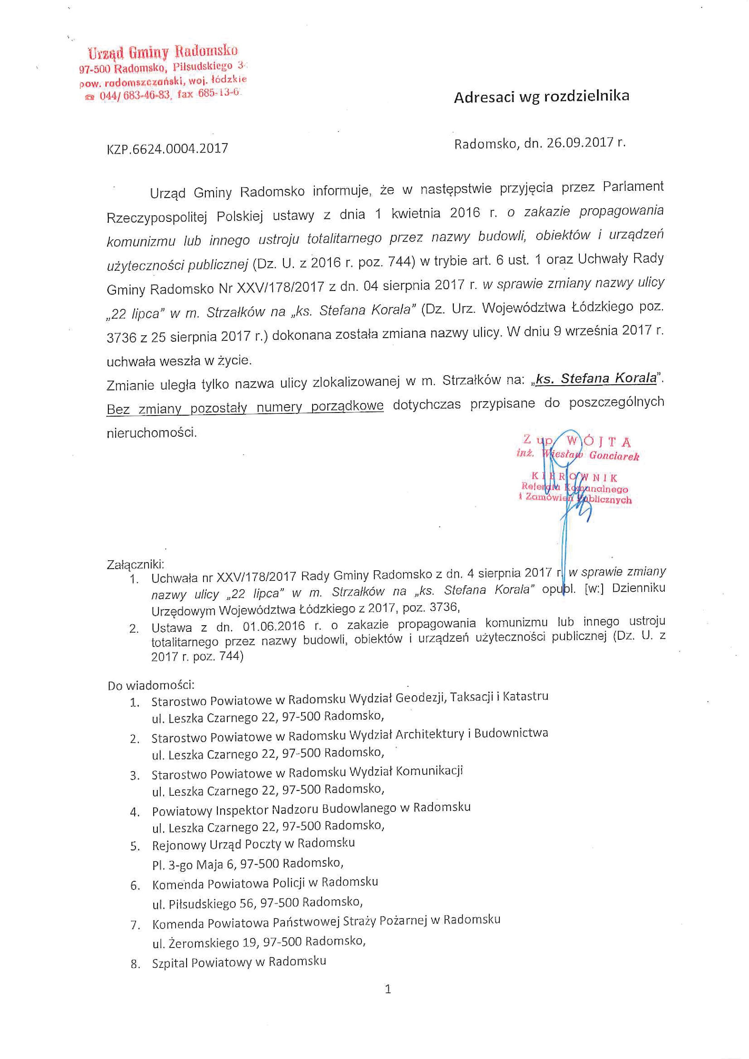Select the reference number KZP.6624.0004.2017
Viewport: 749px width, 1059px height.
167,149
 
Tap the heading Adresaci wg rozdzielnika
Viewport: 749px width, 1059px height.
541,96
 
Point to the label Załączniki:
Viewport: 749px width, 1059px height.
135,564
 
